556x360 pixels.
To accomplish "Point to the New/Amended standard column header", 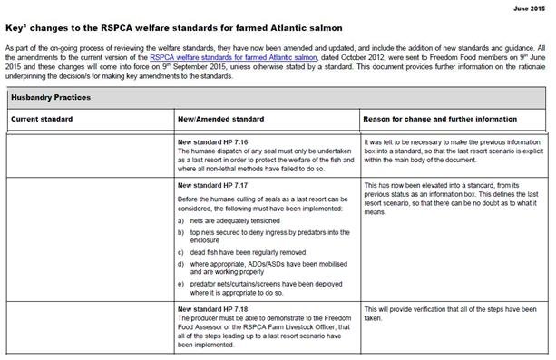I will [x=224, y=118].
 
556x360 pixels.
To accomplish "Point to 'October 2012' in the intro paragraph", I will [x=371, y=58].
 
